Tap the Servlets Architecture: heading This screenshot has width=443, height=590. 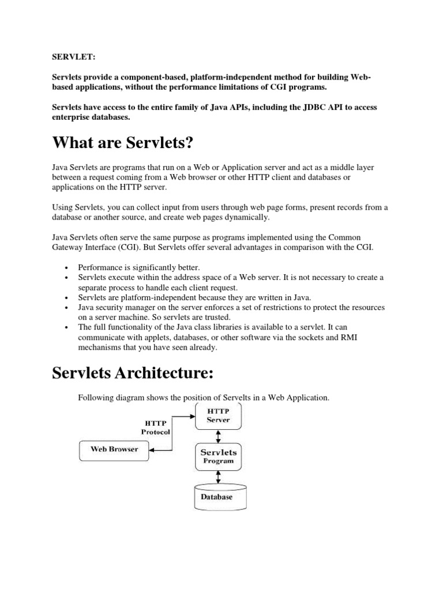coord(133,373)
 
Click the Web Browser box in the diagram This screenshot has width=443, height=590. coord(114,449)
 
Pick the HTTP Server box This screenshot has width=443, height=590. coord(218,416)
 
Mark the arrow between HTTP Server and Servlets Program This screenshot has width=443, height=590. coord(217,436)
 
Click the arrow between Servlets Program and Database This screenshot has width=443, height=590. coord(217,476)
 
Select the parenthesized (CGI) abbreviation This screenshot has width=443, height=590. coord(147,248)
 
